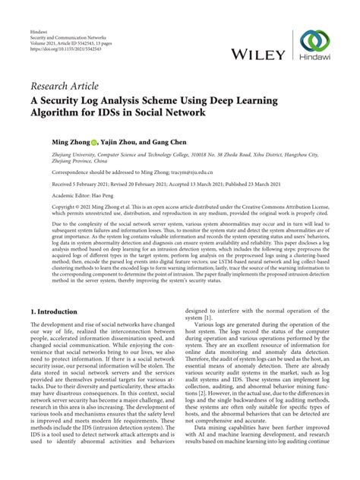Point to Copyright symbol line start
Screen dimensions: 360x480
pos(33,206)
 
